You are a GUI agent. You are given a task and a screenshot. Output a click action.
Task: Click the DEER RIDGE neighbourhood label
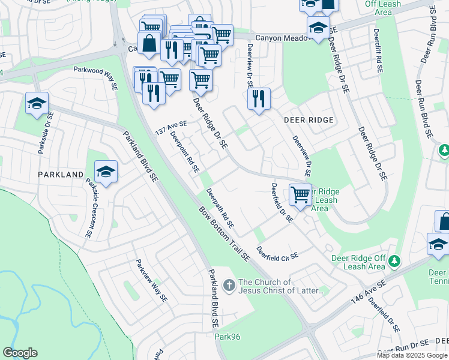click(308, 120)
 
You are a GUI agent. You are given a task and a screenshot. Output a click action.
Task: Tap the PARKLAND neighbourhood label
click(61, 174)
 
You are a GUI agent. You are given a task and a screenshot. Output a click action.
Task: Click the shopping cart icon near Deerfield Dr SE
click(300, 195)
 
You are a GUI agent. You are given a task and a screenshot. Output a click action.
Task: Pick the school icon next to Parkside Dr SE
click(37, 104)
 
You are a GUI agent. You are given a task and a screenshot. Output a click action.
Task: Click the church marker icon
click(229, 286)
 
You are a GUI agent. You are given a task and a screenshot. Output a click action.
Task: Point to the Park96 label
click(228, 337)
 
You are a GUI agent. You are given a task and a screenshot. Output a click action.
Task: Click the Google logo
click(20, 353)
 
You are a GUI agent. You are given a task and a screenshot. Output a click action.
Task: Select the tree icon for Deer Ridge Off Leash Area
click(394, 261)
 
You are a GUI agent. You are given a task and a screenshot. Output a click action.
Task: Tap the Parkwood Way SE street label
click(96, 77)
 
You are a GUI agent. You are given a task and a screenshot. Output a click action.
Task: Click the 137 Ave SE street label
click(172, 128)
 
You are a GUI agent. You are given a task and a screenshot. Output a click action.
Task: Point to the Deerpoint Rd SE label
click(185, 154)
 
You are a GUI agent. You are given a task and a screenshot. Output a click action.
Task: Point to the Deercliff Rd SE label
click(378, 51)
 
